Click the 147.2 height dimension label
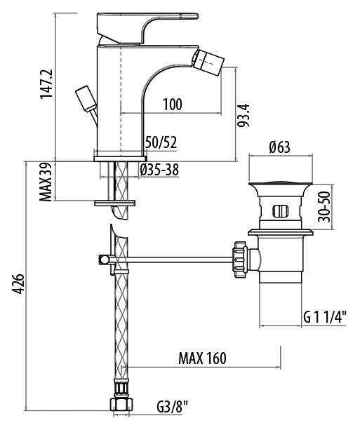coord(46,83)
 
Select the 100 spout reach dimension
coord(173,105)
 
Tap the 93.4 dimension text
coord(243,115)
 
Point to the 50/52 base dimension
coord(161,142)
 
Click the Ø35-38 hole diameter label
coord(159,170)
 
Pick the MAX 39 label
coord(46,182)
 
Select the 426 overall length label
coord(19,284)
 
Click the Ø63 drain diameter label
coord(279,147)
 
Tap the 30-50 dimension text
coord(324,207)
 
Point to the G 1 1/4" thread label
coord(325,318)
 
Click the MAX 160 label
coord(203,358)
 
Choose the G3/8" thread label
coord(173,407)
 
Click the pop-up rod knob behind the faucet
coord(86,99)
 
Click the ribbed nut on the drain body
coord(241,260)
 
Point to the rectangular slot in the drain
coord(281,211)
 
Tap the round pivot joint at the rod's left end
coord(103,259)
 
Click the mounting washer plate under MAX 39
coord(114,203)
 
